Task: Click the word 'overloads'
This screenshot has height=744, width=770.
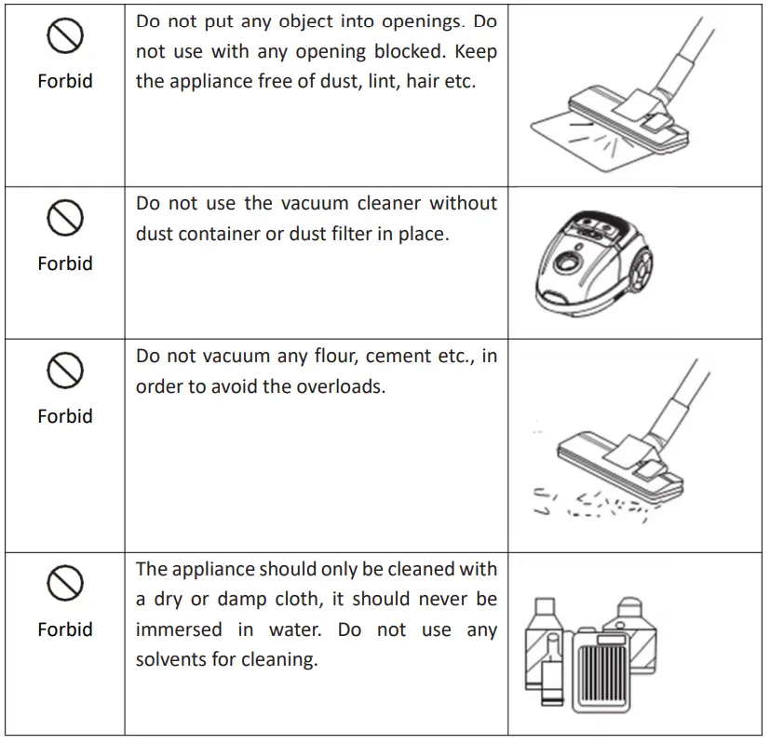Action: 339,386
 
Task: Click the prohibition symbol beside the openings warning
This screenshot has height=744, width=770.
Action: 65,37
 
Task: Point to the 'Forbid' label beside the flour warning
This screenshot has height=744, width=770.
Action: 65,416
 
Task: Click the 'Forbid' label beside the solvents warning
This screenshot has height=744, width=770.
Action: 65,629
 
